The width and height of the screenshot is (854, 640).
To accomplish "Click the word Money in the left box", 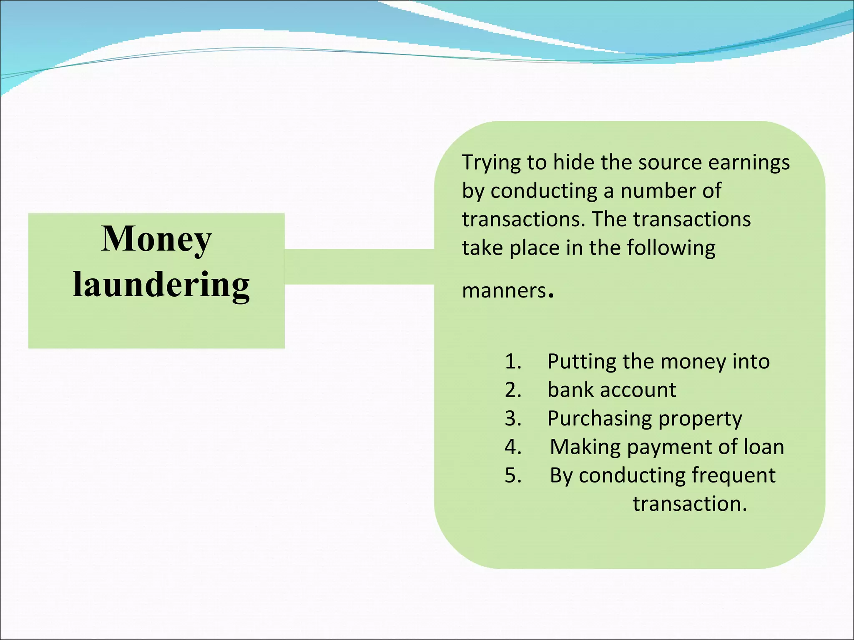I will [156, 239].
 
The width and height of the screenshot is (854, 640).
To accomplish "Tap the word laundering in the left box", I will [161, 285].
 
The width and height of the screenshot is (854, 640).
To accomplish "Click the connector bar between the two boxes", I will [359, 267].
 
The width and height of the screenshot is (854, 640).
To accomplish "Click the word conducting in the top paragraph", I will [544, 191].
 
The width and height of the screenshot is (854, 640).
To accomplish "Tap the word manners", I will [504, 290].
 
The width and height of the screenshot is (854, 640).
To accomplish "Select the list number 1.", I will [512, 361].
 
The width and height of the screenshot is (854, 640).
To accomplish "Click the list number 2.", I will [512, 390].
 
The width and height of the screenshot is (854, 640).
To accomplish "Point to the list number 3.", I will [512, 418].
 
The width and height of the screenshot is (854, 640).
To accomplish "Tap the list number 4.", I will [512, 447].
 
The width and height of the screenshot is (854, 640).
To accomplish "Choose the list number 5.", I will [512, 475].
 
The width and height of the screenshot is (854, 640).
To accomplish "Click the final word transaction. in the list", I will [689, 504].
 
